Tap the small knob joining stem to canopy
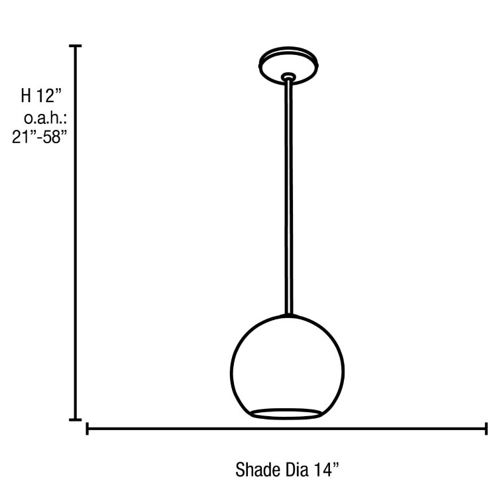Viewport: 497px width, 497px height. (x=288, y=78)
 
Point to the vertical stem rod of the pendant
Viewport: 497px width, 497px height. (x=288, y=199)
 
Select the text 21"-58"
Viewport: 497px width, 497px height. (x=40, y=140)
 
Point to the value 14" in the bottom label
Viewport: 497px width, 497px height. (x=327, y=470)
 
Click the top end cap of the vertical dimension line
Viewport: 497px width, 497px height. (x=76, y=46)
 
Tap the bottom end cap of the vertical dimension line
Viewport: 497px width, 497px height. (x=76, y=419)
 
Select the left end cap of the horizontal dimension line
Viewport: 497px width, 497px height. (x=87, y=429)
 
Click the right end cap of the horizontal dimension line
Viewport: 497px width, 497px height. (x=487, y=429)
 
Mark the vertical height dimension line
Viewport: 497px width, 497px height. (x=76, y=232)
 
